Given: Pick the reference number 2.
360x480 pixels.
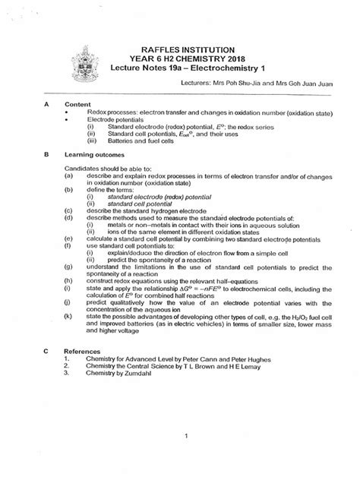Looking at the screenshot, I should (x=68, y=365).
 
